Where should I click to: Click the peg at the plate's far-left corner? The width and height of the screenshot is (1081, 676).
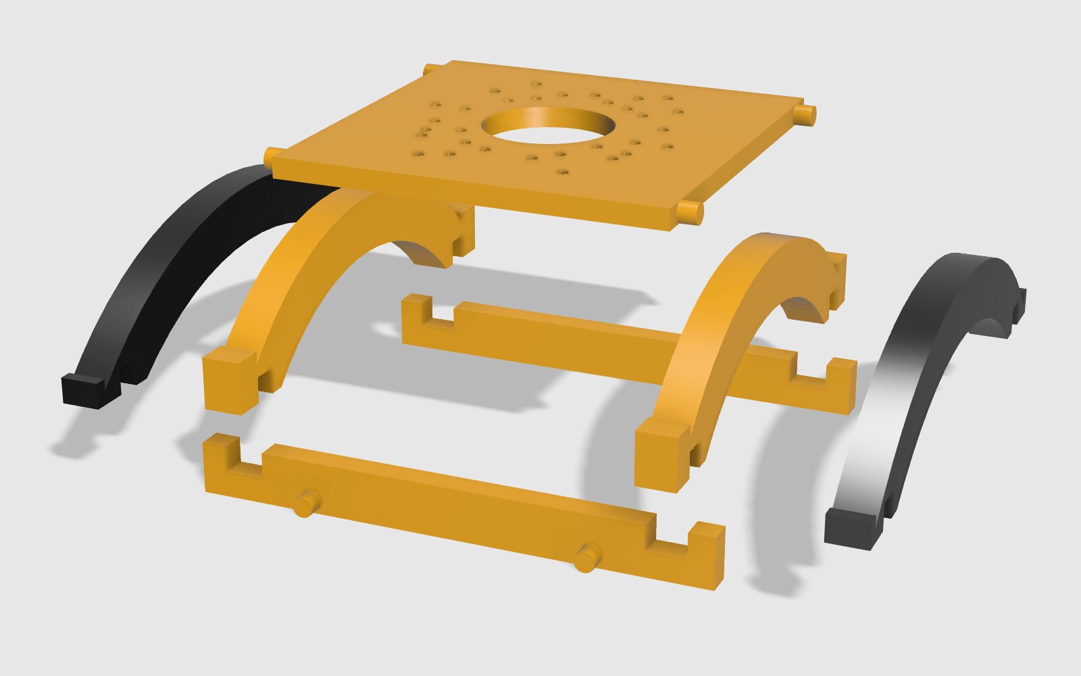pyautogui.click(x=431, y=70)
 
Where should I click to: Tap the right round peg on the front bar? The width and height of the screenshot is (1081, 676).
pyautogui.click(x=586, y=558)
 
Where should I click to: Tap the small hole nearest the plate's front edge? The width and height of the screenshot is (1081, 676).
pyautogui.click(x=561, y=172)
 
